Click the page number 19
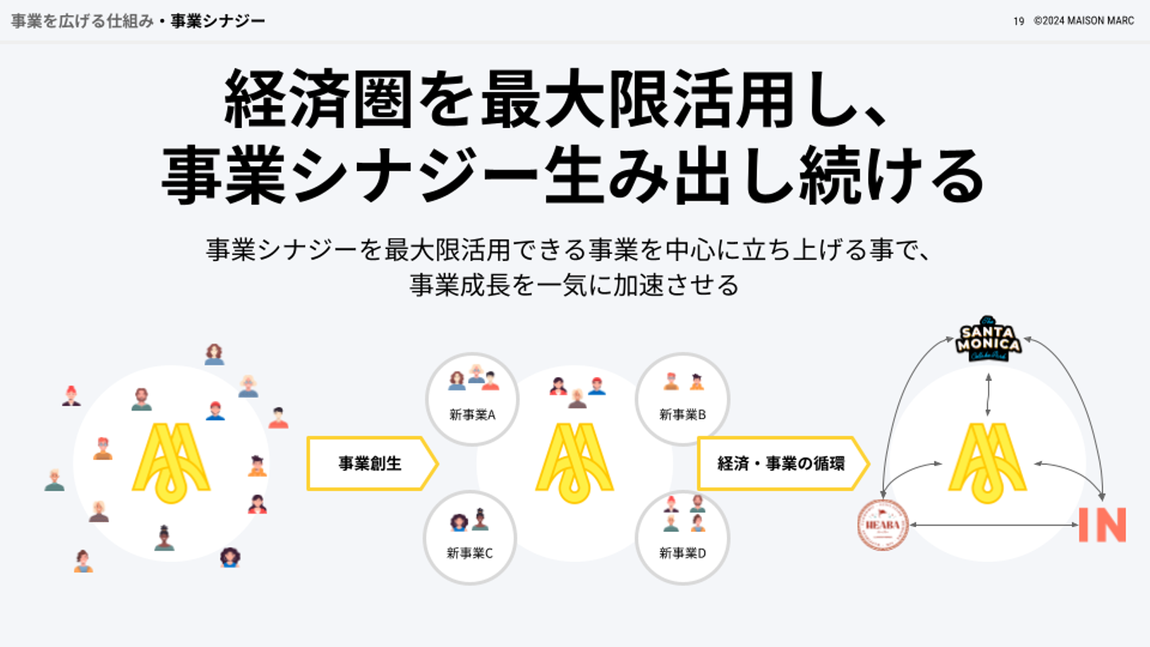[1018, 22]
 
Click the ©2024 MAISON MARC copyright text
[1084, 22]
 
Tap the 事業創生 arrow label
[371, 463]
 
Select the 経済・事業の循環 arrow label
[781, 463]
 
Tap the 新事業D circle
[683, 537]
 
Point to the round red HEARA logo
[882, 525]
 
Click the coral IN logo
[1102, 525]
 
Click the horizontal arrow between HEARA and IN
[993, 525]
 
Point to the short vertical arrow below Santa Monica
[989, 395]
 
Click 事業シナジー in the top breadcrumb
[217, 21]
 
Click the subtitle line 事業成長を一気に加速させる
[574, 284]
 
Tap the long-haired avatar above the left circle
[214, 355]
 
